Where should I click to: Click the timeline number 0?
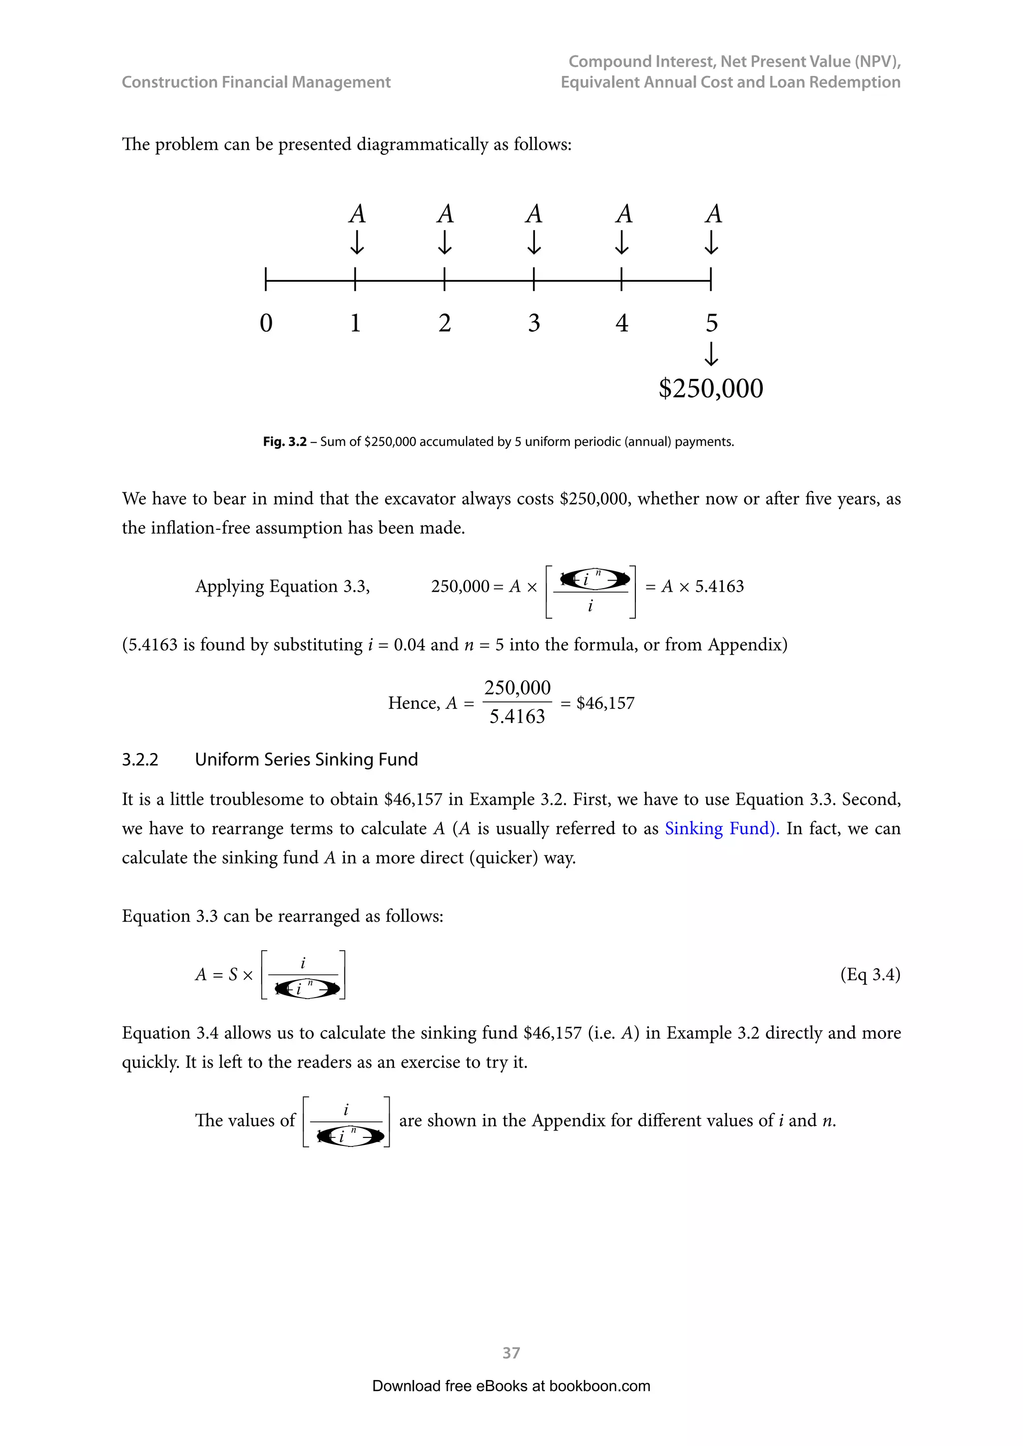pos(266,323)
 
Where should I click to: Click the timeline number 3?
pos(533,323)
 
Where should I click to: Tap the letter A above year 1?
pos(357,214)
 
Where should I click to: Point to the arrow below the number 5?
pos(711,354)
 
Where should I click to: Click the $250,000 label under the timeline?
pos(711,388)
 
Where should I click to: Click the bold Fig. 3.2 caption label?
pos(284,441)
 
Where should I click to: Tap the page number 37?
pos(511,1353)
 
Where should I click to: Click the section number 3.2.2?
pos(140,759)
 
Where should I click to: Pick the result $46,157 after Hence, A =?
pos(605,703)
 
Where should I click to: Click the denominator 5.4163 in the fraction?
pos(516,717)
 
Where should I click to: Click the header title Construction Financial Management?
pos(256,82)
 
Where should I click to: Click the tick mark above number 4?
pos(622,279)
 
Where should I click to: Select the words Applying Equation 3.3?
pos(282,586)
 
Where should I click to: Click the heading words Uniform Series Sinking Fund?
pos(306,759)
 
